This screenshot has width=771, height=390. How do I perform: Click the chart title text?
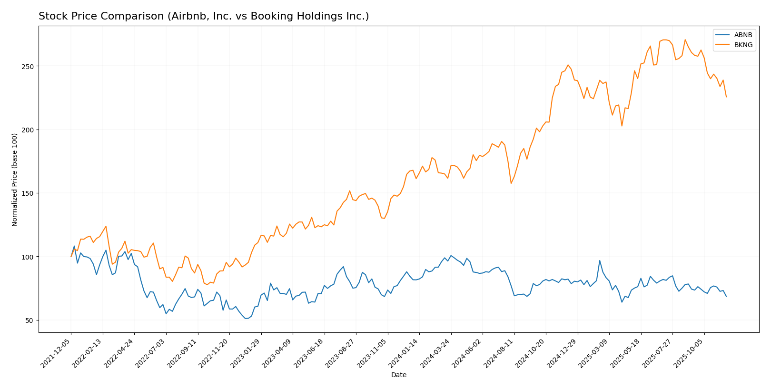[x=204, y=16]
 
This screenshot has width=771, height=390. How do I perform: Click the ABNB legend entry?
[x=743, y=35]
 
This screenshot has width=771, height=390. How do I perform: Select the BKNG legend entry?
[x=743, y=45]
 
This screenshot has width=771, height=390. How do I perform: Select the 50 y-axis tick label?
[x=30, y=320]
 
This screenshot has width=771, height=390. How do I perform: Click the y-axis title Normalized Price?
[x=15, y=180]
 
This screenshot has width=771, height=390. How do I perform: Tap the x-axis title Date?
[x=398, y=375]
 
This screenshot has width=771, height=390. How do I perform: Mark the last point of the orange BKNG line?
[x=726, y=97]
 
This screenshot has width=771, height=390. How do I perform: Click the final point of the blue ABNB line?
[x=726, y=297]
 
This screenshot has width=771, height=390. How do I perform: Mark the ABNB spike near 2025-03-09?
[x=600, y=260]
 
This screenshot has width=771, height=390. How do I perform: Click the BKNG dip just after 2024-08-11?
[x=511, y=183]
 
